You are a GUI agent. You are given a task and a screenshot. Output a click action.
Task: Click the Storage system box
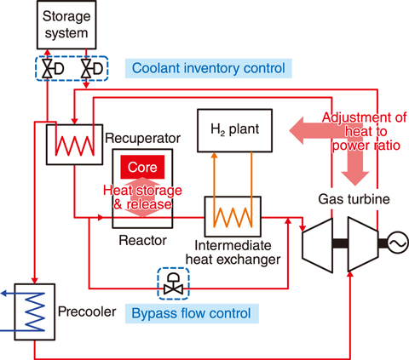coord(66,25)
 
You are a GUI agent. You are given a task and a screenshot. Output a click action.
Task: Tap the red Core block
coord(142,167)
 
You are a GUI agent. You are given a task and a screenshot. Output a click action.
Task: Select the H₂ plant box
coord(234,130)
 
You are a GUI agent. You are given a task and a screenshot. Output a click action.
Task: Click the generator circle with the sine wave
coord(398,243)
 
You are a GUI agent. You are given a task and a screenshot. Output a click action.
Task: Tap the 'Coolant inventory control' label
coord(209,68)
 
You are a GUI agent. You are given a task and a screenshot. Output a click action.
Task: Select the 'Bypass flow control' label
coord(191,313)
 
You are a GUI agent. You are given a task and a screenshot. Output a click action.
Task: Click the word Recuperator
coord(142,139)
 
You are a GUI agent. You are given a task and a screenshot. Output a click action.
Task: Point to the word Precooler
coord(87,311)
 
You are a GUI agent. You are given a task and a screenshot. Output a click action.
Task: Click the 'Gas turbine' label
coord(354,199)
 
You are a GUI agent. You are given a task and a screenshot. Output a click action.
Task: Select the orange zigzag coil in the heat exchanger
coord(233,217)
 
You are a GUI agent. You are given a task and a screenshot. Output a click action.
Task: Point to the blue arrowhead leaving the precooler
coord(4,294)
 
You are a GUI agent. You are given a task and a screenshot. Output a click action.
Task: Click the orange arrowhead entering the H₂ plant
coord(215,155)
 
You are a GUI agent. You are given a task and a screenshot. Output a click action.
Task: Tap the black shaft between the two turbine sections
coord(340,243)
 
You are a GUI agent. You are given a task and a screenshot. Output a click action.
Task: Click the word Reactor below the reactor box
coord(142,241)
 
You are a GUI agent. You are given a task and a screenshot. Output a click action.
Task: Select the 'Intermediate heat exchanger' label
coord(233,253)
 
